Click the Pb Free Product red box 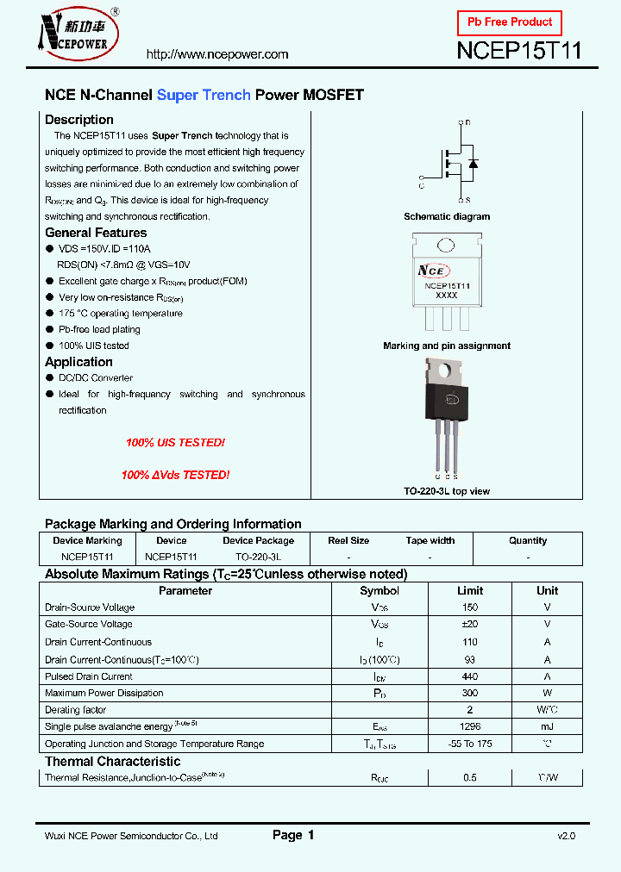[509, 22]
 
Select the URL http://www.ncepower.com [217, 54]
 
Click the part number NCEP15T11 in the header [518, 51]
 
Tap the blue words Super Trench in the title [204, 95]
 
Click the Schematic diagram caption [447, 217]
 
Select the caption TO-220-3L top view [447, 491]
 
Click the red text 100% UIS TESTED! [175, 443]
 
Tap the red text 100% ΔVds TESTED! [175, 475]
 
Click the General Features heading [96, 233]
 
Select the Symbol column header [379, 591]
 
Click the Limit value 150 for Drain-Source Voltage [469, 607]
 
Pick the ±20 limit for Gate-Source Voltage [469, 624]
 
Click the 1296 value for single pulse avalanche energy [469, 726]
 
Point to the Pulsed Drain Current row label [89, 676]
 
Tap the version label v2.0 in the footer [566, 836]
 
